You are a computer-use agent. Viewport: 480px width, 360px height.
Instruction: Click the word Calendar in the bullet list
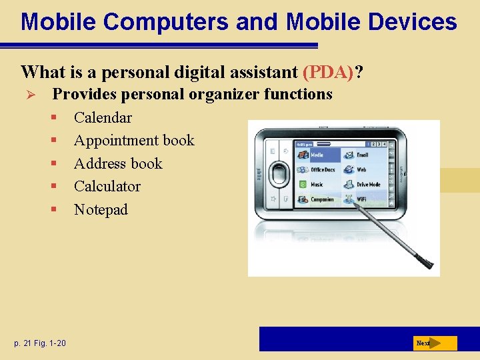103,118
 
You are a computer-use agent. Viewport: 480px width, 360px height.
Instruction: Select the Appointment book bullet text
134,141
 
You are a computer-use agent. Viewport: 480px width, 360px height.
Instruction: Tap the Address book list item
118,164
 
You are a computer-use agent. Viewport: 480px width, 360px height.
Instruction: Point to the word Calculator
107,187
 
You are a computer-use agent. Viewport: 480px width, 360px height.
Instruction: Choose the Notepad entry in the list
101,210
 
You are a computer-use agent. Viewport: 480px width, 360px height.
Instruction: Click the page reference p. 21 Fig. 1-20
40,343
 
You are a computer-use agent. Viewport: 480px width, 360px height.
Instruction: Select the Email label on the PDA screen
362,155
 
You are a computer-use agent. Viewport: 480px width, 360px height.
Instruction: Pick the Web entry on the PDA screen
361,169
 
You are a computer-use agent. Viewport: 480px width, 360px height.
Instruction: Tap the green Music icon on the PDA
302,185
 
